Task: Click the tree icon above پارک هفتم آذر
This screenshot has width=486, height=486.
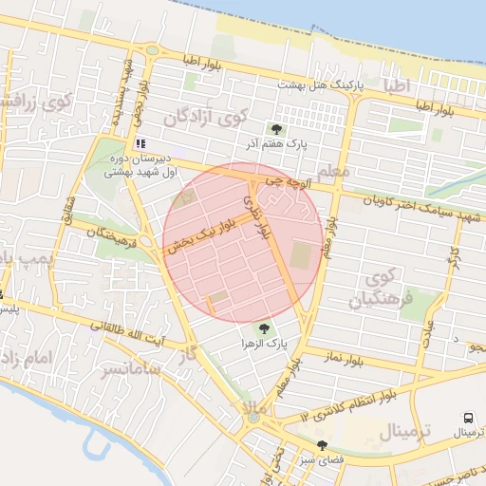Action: [x=276, y=129]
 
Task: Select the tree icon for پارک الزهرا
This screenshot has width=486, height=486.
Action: [x=264, y=327]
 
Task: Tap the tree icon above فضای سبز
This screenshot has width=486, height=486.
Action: [x=323, y=444]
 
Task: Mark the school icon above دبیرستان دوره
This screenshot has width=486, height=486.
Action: [x=140, y=143]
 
